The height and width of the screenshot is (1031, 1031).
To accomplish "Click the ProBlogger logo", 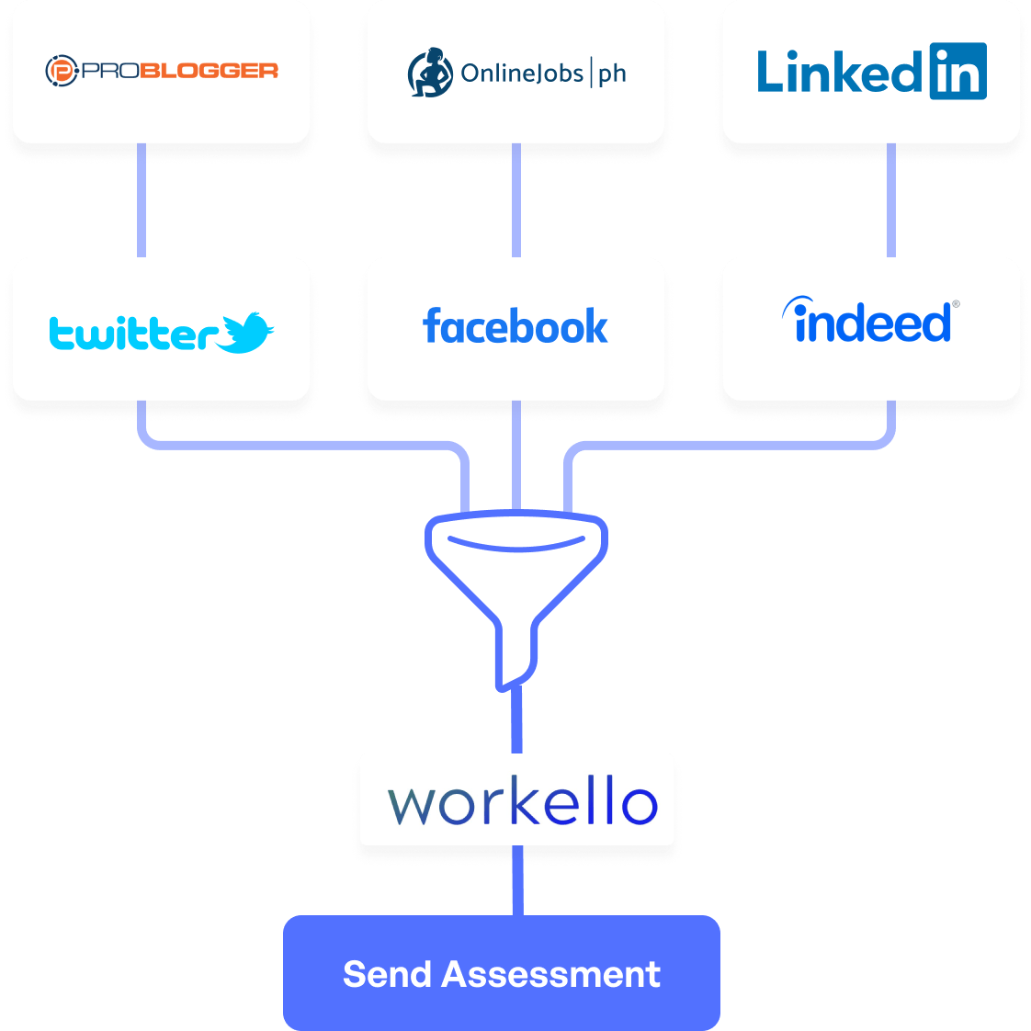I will click(x=162, y=71).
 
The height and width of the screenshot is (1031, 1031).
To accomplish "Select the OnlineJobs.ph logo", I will click(x=515, y=73).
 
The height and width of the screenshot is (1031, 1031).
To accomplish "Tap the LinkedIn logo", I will click(x=870, y=72).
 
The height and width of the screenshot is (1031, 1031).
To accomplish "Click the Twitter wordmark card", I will click(x=162, y=329).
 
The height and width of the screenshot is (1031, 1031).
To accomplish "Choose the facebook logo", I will click(x=515, y=327).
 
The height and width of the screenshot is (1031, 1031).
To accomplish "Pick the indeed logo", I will click(x=870, y=323).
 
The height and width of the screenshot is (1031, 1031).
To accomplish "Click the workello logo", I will click(x=521, y=802).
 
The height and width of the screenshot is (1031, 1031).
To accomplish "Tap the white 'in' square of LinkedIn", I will click(x=957, y=72).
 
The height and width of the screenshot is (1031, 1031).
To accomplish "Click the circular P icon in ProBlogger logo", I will click(x=61, y=71).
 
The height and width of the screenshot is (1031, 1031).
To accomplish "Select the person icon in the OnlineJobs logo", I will click(x=430, y=73).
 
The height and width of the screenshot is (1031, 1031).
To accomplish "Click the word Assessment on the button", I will click(x=550, y=974).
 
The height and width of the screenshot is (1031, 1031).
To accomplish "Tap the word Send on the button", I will click(x=387, y=974).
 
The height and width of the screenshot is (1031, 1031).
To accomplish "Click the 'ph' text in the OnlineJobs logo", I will click(x=612, y=74).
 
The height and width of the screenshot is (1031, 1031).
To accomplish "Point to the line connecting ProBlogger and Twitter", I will click(x=142, y=200).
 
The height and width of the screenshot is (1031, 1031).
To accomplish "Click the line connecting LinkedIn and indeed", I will click(x=890, y=200).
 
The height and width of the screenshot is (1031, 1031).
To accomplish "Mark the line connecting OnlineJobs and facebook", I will click(x=516, y=200).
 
